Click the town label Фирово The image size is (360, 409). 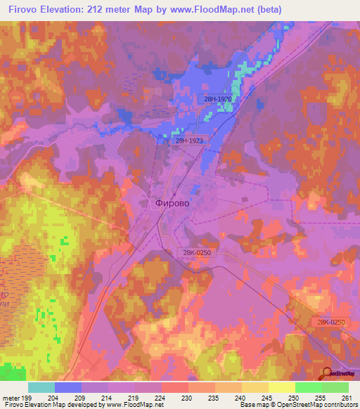(x=172, y=202)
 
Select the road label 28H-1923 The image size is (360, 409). (x=190, y=141)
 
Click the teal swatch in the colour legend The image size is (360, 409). (x=41, y=387)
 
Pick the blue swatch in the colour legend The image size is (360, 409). (x=67, y=387)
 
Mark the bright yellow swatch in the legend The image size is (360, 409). (x=281, y=387)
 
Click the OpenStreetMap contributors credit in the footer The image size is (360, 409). (x=309, y=405)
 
